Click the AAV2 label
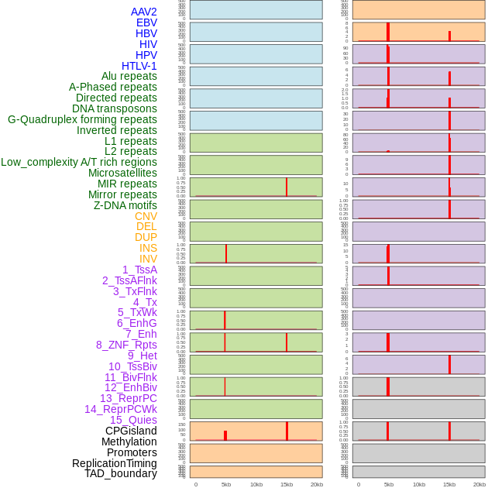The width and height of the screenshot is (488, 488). click(x=143, y=12)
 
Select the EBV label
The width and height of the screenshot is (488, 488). click(x=146, y=22)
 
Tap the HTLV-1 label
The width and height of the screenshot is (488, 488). click(x=139, y=66)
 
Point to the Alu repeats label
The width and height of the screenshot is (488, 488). click(x=129, y=76)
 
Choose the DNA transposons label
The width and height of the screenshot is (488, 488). click(x=115, y=108)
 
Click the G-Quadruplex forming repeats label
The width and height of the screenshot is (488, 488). click(x=82, y=119)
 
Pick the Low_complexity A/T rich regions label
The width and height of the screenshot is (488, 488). click(x=79, y=162)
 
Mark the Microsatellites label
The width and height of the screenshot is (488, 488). click(x=122, y=173)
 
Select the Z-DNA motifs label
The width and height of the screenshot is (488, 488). click(x=125, y=205)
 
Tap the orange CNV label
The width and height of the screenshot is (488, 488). click(x=146, y=216)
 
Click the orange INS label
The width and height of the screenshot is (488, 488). click(x=148, y=248)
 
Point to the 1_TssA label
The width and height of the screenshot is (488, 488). click(x=139, y=270)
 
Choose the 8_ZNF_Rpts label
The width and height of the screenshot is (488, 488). click(x=126, y=345)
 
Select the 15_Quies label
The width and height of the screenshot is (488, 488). click(x=133, y=420)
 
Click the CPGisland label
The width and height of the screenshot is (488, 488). click(x=131, y=431)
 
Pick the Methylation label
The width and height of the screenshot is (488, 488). click(x=129, y=442)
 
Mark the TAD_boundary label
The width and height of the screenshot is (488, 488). click(x=121, y=473)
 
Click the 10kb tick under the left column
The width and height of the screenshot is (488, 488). click(x=256, y=484)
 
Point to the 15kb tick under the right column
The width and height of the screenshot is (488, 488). click(x=449, y=484)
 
